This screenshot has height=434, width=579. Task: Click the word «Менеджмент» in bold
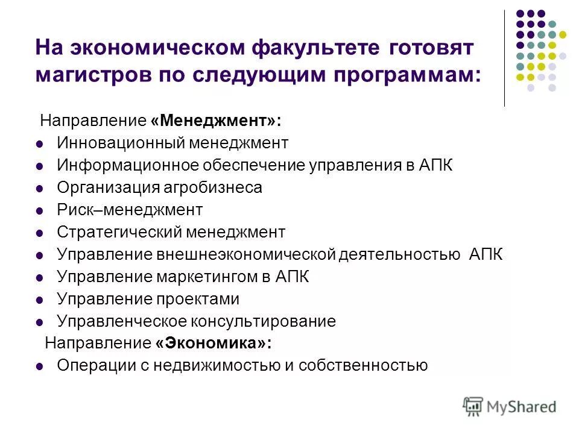tap(216, 121)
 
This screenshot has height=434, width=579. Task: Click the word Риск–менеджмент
tap(130, 210)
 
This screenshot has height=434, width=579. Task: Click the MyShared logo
tap(510, 407)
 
